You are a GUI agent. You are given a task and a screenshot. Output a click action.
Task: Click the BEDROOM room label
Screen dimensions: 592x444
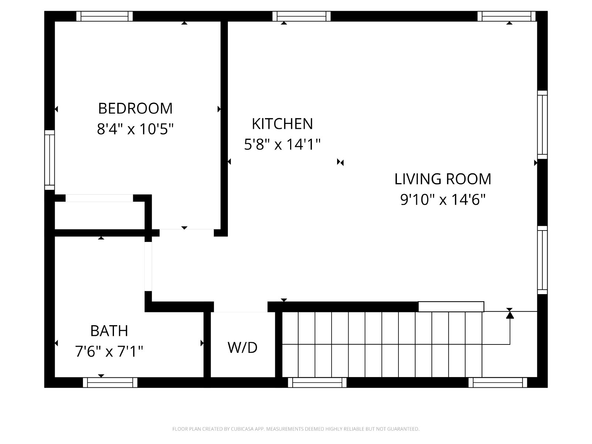click(x=135, y=108)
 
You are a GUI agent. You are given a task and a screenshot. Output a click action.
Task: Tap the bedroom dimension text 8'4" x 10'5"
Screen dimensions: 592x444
click(x=135, y=129)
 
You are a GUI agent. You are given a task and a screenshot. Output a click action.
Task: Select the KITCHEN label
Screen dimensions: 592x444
click(x=282, y=124)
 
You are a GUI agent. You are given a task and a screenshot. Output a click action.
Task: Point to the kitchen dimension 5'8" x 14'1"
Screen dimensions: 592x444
click(x=282, y=144)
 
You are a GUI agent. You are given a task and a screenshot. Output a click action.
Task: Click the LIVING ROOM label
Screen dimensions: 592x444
click(x=443, y=179)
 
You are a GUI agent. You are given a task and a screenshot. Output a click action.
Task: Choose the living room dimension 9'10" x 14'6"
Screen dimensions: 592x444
click(x=443, y=200)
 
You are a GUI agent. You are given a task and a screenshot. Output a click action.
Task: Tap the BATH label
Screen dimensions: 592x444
click(x=109, y=331)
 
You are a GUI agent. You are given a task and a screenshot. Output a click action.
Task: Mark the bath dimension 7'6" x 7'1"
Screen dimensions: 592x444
click(x=109, y=351)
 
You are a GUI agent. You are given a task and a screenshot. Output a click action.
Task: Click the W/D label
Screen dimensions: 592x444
click(x=242, y=347)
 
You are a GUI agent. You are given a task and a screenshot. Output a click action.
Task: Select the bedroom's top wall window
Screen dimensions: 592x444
click(x=104, y=16)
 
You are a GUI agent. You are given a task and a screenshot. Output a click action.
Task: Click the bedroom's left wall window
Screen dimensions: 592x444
click(x=50, y=160)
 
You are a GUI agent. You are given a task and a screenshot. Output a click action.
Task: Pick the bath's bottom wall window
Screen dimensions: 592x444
click(x=110, y=383)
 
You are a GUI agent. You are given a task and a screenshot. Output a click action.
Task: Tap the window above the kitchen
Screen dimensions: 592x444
click(x=301, y=16)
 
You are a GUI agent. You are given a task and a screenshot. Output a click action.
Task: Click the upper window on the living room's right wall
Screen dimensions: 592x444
click(x=542, y=125)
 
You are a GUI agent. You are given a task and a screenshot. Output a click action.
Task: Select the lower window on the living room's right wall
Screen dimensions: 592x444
click(x=542, y=260)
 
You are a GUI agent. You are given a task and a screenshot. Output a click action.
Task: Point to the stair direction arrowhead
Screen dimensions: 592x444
click(x=510, y=315)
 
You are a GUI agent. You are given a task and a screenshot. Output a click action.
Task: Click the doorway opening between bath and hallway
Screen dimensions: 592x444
click(x=148, y=267)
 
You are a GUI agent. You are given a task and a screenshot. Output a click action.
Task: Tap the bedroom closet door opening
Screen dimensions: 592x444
click(x=99, y=198)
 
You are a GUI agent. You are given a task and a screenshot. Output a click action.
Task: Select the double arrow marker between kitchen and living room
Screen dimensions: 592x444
click(x=340, y=162)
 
